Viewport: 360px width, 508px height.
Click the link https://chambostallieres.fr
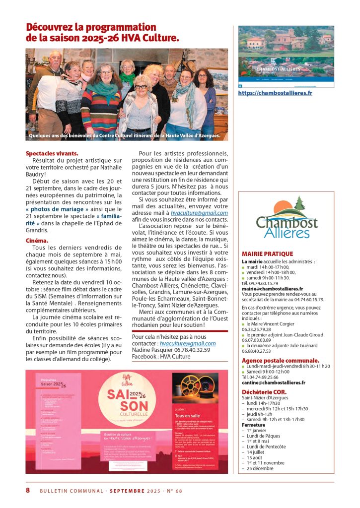coord(275,93)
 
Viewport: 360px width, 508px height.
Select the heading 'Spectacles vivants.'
coord(52,153)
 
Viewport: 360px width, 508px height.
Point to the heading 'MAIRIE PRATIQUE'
coord(267,254)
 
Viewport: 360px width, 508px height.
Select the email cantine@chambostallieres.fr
coord(274,382)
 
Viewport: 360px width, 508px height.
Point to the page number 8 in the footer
coord(28,490)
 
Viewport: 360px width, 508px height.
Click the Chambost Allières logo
coord(287,218)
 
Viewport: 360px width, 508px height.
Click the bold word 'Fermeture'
coord(254,425)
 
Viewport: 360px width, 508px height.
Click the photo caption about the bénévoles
coord(124,135)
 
